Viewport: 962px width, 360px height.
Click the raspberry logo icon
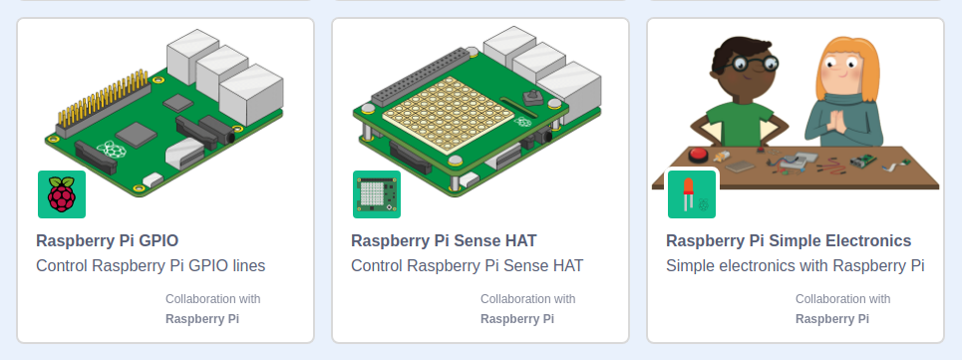point(62,194)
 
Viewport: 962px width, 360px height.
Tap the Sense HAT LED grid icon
point(377,194)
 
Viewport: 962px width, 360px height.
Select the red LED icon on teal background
point(692,194)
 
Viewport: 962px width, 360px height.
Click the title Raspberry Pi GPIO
point(108,240)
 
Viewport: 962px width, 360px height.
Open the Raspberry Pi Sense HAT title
point(444,240)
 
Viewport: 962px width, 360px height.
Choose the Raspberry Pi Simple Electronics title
point(789,240)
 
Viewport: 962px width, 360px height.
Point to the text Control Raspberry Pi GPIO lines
point(151,266)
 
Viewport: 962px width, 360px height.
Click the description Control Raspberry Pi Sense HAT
point(468,266)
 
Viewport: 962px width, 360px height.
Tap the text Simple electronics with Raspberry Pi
point(796,266)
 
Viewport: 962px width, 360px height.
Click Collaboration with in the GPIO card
point(213,298)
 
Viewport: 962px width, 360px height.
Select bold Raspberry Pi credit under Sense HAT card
point(517,319)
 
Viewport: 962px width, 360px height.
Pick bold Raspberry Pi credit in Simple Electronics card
point(832,319)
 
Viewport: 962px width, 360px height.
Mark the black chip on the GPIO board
point(134,134)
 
